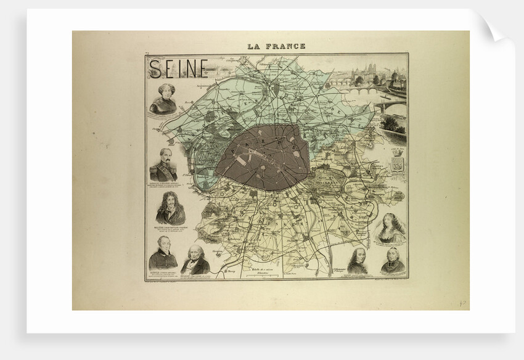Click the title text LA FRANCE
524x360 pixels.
pos(276,46)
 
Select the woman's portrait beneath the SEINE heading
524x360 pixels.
pos(163,99)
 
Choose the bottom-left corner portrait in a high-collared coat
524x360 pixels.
pos(163,253)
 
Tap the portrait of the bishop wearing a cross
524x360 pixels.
pos(393,260)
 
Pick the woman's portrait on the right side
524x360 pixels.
pos(391,229)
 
